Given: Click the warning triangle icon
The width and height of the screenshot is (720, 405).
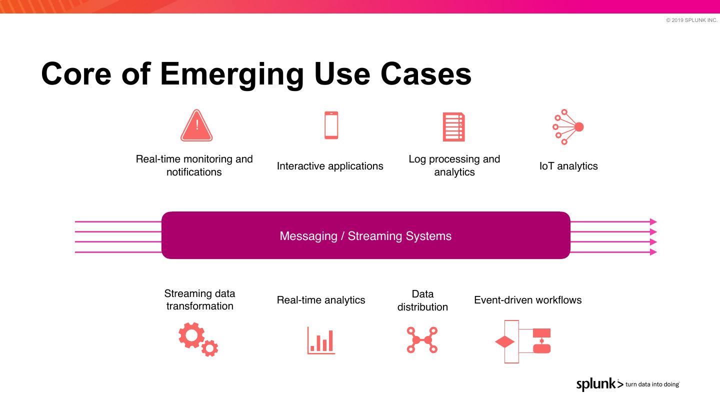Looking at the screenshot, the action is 196,126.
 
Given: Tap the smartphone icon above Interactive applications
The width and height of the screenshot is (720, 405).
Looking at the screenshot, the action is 331,125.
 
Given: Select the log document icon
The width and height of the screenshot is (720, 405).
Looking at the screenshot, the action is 453,127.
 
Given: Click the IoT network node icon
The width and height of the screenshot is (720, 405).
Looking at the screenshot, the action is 568,127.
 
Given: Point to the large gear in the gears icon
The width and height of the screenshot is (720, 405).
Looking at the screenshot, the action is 191,335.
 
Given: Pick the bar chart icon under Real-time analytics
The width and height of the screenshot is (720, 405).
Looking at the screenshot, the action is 321,340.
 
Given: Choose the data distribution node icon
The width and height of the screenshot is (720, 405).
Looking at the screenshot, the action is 422,340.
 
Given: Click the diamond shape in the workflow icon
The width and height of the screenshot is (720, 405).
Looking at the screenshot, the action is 504,342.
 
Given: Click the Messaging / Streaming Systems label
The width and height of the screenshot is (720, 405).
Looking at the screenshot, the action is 365,236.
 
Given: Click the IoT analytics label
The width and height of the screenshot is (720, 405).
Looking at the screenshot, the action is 568,166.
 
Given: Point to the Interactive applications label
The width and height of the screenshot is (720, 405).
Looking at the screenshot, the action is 330,166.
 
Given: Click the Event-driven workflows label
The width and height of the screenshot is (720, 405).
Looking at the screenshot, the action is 527,300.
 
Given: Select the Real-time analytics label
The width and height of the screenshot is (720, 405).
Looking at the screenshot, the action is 321,300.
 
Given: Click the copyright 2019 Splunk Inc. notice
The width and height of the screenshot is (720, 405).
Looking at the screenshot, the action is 691,20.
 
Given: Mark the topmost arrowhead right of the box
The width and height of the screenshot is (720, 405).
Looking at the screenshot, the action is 653,221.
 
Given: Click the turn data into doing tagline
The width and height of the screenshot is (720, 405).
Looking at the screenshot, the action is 652,384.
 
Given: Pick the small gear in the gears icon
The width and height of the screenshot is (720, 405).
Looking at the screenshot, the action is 210,348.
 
